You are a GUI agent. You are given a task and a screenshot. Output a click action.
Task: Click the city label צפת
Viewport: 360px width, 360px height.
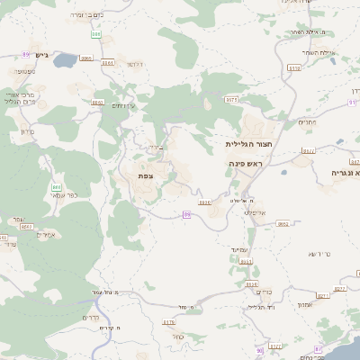click(145, 175)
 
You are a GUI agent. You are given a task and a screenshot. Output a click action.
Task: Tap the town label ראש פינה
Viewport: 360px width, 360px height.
click(245, 163)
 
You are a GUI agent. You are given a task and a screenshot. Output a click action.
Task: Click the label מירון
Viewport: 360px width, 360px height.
click(24, 131)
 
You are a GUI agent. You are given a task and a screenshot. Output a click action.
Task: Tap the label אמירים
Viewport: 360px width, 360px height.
click(47, 235)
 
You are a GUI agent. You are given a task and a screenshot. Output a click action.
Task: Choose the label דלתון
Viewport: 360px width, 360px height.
click(135, 65)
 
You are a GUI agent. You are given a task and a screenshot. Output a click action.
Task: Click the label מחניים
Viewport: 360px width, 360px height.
click(306, 122)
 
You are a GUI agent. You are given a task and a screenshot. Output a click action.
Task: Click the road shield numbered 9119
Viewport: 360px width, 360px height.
click(293, 67)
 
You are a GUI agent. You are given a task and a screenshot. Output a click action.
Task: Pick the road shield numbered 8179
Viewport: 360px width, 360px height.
click(168, 321)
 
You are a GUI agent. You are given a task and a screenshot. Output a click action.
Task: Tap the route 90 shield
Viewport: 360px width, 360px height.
click(260, 350)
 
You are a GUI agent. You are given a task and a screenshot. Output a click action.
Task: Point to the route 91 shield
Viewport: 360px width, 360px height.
click(352, 102)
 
